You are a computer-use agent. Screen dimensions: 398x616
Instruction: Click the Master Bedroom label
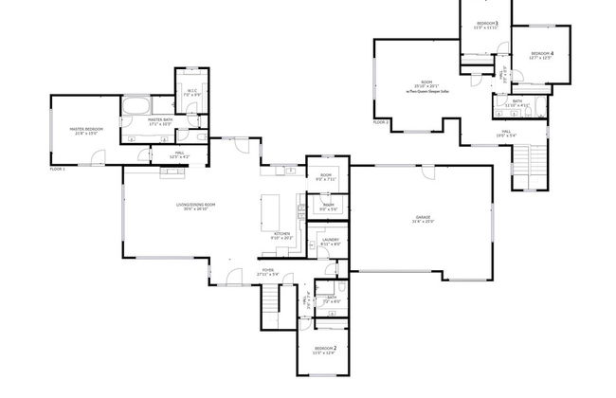[x=84, y=130]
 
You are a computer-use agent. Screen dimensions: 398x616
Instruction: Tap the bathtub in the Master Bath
[x=136, y=104]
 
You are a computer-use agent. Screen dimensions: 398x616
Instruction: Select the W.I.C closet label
[x=190, y=91]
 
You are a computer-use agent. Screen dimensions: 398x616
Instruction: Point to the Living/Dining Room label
[x=192, y=205]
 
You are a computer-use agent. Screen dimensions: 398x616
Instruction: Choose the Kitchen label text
[x=281, y=235]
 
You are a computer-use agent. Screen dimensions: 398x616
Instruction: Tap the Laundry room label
[x=330, y=240]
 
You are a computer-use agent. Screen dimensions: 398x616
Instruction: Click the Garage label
[x=423, y=219]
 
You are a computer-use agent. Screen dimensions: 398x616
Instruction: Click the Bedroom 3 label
[x=487, y=23]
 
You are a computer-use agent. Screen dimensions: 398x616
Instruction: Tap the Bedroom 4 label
[x=542, y=53]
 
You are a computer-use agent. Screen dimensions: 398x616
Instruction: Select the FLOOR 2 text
[x=381, y=122]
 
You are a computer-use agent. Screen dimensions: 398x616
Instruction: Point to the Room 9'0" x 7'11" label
[x=326, y=177]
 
